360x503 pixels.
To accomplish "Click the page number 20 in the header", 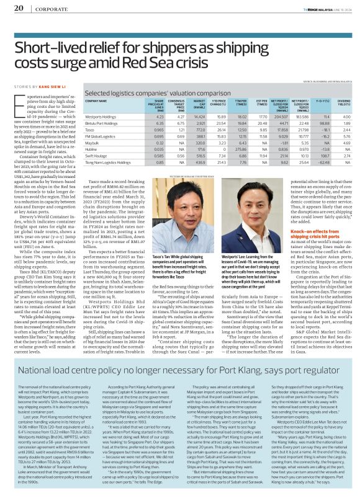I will pos(18,7).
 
